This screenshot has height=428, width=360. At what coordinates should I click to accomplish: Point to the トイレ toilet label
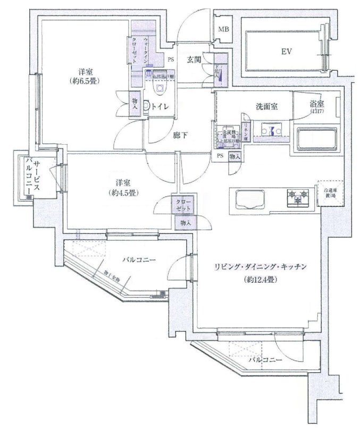(161, 107)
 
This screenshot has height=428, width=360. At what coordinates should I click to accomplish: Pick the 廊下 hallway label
(180, 135)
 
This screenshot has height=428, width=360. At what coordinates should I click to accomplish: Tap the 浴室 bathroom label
(318, 106)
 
